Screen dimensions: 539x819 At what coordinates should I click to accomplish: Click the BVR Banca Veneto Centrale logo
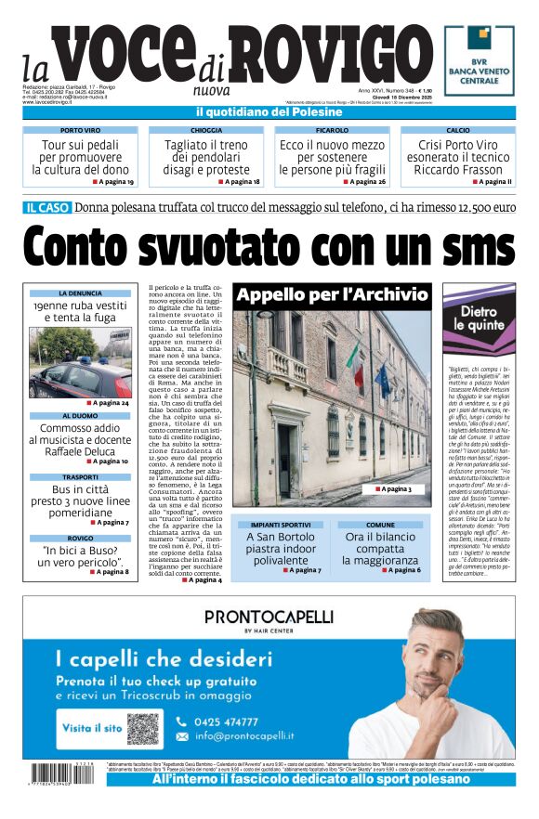pos(479,60)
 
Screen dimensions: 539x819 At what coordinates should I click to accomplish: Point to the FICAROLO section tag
pos(332,131)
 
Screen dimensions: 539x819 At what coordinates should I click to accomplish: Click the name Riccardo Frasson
pos(457,170)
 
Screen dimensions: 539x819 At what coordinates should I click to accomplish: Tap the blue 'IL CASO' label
pos(47,208)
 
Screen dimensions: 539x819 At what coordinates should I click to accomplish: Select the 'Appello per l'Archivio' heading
pos(332,296)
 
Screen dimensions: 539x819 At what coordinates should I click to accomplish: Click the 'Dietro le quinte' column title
pos(479,318)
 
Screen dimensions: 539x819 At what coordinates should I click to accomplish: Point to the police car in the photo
pos(74,378)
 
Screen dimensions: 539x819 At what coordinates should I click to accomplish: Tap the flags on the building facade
pos(369,371)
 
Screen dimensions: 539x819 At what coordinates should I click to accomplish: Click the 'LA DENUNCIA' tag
pos(80,293)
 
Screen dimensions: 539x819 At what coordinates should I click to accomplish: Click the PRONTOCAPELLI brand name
pos(269,617)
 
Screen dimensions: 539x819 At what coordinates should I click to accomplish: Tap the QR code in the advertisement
pos(143,729)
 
